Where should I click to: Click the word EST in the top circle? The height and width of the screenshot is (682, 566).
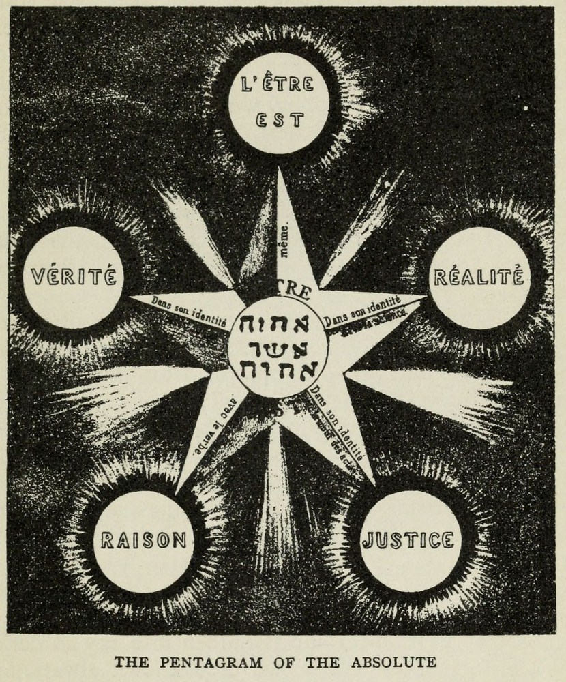click(x=278, y=120)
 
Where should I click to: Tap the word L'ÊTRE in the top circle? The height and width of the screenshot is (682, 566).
click(x=278, y=85)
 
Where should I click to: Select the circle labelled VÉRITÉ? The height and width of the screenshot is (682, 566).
click(x=74, y=277)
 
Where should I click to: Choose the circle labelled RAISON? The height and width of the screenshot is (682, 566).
click(x=144, y=540)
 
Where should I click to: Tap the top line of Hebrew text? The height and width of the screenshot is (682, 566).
click(x=278, y=323)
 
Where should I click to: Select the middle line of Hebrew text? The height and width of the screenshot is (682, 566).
click(x=278, y=348)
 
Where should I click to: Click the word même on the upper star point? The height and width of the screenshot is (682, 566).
click(x=284, y=239)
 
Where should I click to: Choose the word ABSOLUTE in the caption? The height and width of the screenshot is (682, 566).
click(x=400, y=661)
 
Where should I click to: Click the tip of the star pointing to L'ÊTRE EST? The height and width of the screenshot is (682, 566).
click(x=278, y=170)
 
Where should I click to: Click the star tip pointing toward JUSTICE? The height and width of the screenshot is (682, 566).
click(x=374, y=483)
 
